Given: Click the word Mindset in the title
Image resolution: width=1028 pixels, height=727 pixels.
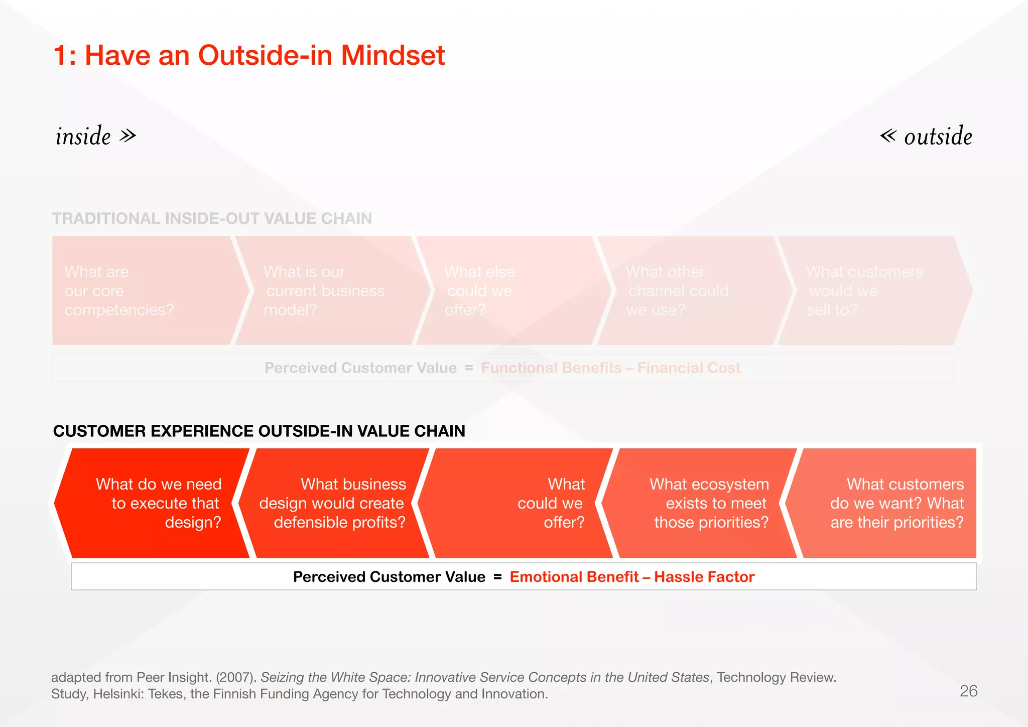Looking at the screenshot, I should point(393,55).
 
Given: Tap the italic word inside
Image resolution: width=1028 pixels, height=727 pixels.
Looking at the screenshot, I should point(83,136).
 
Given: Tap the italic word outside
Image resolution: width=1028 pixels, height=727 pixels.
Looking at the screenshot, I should point(938,137).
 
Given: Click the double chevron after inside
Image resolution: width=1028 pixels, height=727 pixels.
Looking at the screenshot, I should point(128,136).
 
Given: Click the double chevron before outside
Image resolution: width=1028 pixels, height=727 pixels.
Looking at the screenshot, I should point(888,136).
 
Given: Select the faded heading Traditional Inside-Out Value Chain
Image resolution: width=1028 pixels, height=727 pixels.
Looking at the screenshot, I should point(212,218).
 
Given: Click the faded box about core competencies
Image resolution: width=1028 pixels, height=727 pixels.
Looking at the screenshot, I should point(141,291).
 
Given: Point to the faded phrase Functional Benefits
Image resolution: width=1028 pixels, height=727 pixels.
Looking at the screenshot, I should point(551,368).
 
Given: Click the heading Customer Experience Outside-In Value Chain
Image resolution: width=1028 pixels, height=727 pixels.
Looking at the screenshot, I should point(259,431).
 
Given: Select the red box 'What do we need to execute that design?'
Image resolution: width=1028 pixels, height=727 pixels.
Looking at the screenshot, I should point(156,503).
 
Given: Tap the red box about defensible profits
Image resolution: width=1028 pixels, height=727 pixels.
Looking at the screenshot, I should point(334,503).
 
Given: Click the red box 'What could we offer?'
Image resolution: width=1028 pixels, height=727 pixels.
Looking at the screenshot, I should point(522,503).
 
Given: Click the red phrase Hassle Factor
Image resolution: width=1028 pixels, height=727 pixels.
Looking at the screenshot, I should point(704,577).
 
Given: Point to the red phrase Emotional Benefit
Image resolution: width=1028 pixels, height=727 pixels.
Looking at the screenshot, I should point(574,577).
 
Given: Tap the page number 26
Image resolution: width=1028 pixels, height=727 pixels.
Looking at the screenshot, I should point(968,691).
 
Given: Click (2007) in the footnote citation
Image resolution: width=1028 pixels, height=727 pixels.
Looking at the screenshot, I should point(236,677).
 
